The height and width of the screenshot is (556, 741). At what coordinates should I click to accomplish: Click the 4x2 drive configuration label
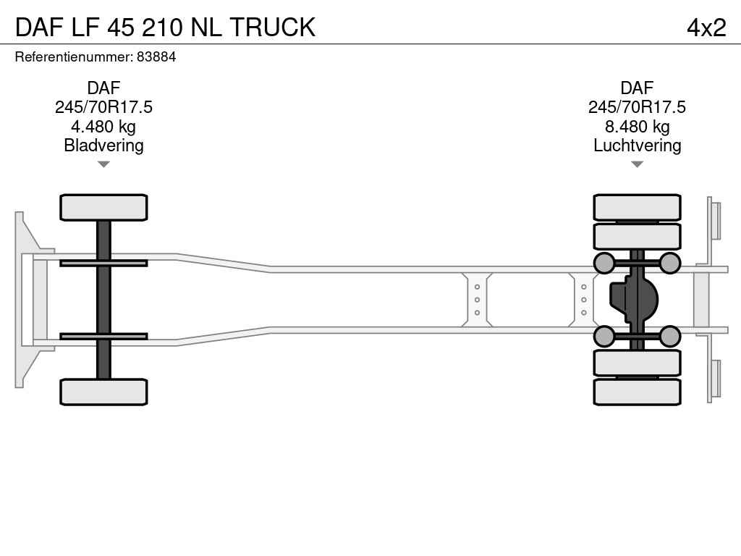pos(706,28)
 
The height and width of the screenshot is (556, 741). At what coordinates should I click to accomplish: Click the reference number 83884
pos(156,57)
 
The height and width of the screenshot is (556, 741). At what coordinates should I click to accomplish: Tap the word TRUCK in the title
pos(273,28)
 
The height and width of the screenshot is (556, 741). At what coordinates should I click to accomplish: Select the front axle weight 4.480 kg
pos(103,127)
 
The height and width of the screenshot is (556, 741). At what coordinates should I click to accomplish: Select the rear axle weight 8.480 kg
pos(637,127)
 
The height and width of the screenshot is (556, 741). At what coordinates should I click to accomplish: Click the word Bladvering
pos(103,146)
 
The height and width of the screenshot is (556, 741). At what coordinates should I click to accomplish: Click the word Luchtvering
pos(637,146)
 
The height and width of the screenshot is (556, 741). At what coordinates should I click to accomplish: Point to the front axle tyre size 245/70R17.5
pos(103,107)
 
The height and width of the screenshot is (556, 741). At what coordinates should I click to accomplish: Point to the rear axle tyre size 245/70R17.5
pos(637,107)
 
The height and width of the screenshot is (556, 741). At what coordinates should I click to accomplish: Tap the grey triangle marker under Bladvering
pos(103,164)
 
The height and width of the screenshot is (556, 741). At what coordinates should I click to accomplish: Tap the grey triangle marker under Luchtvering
pos(637,164)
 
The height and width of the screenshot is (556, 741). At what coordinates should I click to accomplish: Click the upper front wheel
pos(103,208)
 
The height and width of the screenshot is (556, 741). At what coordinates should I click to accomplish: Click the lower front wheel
pos(103,392)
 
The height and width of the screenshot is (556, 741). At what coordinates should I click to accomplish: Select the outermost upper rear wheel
pos(637,208)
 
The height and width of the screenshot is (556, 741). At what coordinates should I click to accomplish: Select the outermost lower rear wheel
pos(637,392)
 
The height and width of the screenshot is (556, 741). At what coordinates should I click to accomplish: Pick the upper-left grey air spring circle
pos(604,264)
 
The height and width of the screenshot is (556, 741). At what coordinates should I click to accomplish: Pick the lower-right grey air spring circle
pos(669,336)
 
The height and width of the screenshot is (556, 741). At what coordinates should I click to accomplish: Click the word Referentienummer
pos(74,57)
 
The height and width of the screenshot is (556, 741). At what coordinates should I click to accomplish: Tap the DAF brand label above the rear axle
pos(637,88)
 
